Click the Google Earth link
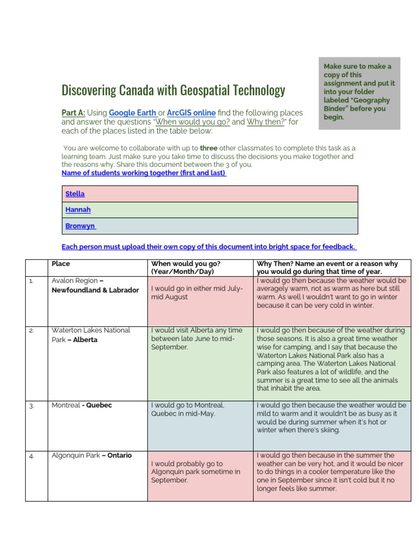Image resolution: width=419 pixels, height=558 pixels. click(133, 113)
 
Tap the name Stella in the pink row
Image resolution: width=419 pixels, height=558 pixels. click(75, 194)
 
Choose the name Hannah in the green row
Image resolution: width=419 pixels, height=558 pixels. click(78, 210)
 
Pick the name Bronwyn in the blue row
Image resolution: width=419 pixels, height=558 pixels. click(80, 226)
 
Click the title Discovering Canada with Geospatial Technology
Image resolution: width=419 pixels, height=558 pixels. click(173, 90)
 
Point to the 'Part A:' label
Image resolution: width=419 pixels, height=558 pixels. click(73, 113)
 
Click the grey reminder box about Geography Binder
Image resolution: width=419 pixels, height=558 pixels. click(359, 92)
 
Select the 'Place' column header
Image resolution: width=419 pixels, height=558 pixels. click(61, 264)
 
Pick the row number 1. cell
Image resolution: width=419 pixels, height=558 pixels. click(31, 281)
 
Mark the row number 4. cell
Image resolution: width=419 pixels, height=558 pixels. click(31, 456)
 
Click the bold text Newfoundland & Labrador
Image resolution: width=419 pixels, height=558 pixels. click(95, 290)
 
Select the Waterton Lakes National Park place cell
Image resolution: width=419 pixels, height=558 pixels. click(91, 335)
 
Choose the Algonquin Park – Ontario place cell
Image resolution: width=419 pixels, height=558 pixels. click(91, 456)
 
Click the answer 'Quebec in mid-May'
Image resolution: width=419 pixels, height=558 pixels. click(183, 414)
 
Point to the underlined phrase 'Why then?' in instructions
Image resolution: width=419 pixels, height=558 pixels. click(266, 122)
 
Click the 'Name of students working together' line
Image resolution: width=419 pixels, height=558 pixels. click(143, 173)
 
